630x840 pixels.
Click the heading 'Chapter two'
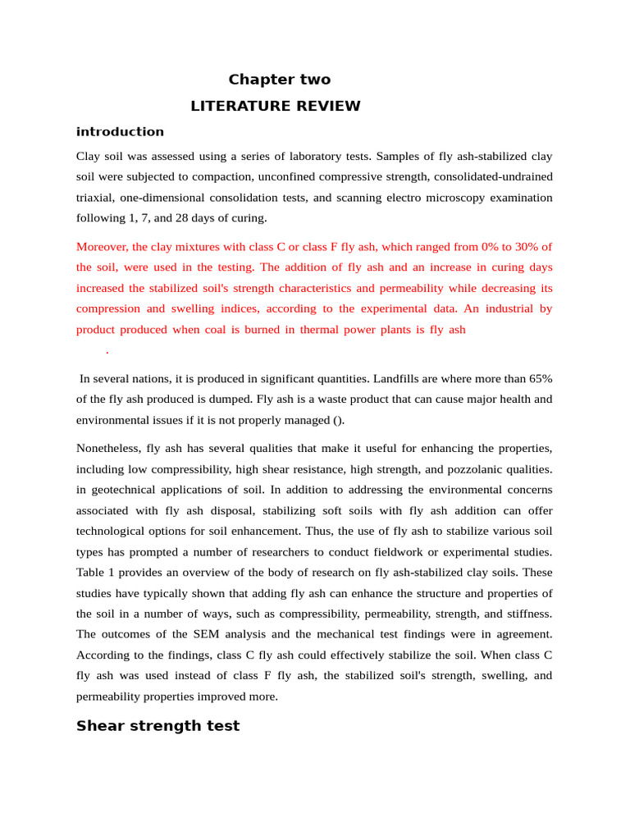click(279, 80)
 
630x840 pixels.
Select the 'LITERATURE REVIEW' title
click(275, 106)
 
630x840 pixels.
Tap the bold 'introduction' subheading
click(120, 131)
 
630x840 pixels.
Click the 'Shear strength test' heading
click(157, 726)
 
